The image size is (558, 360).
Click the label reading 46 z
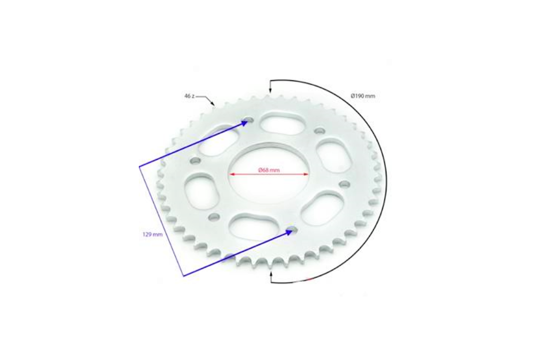click(189, 96)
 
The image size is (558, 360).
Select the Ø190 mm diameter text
click(363, 96)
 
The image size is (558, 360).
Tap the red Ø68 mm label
click(269, 170)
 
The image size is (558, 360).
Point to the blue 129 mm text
click(152, 235)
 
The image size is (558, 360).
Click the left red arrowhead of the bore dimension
click(232, 174)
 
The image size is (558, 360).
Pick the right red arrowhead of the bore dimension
click(306, 174)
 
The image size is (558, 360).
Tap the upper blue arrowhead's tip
click(248, 121)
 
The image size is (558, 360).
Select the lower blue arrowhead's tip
click(293, 230)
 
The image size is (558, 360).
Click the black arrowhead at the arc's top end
click(271, 92)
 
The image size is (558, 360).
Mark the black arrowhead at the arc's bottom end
click(271, 273)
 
